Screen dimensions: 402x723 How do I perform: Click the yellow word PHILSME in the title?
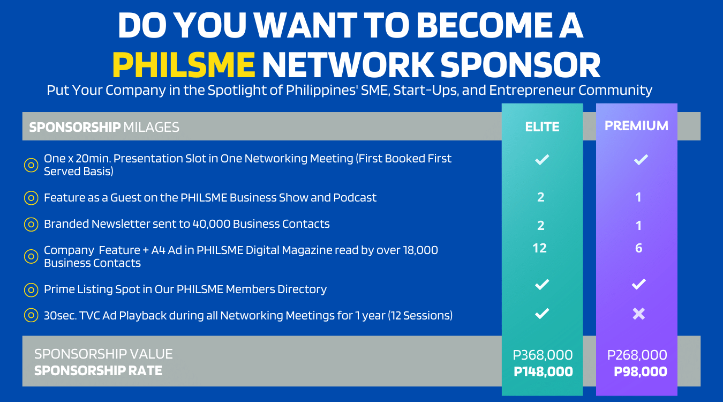[x=183, y=65]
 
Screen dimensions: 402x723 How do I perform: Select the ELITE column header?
[x=542, y=126]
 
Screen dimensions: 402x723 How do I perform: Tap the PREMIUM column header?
[x=636, y=125]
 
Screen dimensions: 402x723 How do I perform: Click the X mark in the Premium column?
[x=638, y=314]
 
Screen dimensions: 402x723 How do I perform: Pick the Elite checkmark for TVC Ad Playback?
[x=542, y=314]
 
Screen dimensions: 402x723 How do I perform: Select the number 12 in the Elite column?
[x=540, y=248]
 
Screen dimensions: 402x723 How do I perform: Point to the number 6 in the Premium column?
[x=638, y=248]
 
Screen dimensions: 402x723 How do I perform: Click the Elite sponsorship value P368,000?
[x=543, y=355]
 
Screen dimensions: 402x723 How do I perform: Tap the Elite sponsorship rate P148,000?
[x=543, y=371]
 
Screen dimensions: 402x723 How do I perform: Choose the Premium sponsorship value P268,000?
[x=637, y=355]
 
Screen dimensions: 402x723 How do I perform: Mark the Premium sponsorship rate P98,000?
[x=640, y=371]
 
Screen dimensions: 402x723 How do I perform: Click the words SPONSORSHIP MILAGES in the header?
[x=104, y=127]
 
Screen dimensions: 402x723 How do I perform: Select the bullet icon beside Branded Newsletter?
[x=31, y=225]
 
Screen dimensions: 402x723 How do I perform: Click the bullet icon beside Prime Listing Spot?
[x=31, y=290]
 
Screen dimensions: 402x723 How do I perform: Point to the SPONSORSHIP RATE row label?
[x=98, y=370]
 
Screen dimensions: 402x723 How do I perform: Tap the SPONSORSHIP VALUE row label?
[x=103, y=354]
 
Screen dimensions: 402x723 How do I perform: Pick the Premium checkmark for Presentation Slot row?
[x=641, y=159]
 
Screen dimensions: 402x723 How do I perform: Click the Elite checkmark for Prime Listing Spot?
[x=542, y=284]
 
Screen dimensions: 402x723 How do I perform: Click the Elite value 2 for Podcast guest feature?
[x=540, y=197]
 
